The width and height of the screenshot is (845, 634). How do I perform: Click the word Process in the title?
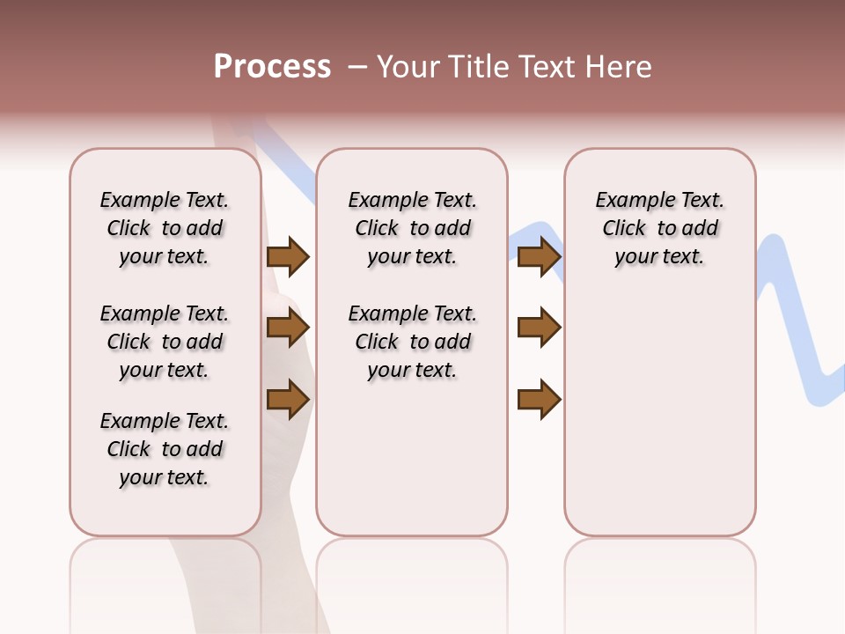pos(272,67)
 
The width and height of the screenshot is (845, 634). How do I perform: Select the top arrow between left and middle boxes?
pos(288,256)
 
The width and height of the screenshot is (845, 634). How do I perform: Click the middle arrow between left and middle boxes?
pos(288,328)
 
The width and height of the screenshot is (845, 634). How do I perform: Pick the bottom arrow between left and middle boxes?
pos(288,399)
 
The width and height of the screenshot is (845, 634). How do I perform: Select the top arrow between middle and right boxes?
pos(539,256)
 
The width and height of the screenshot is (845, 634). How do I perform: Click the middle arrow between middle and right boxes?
pos(539,328)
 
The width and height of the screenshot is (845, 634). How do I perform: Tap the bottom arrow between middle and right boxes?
pos(539,399)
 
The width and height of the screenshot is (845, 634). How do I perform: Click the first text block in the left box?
pos(165,228)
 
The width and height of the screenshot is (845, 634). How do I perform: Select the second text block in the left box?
pos(165,342)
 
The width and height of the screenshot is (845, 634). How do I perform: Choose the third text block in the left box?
pos(165,449)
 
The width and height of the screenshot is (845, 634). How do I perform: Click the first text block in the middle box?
pos(412,228)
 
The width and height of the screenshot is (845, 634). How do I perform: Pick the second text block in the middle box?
pos(412,342)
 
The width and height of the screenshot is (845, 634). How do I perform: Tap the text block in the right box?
pos(660,228)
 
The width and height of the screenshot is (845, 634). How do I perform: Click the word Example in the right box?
pos(632,201)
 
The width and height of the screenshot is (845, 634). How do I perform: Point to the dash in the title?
pos(356,67)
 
